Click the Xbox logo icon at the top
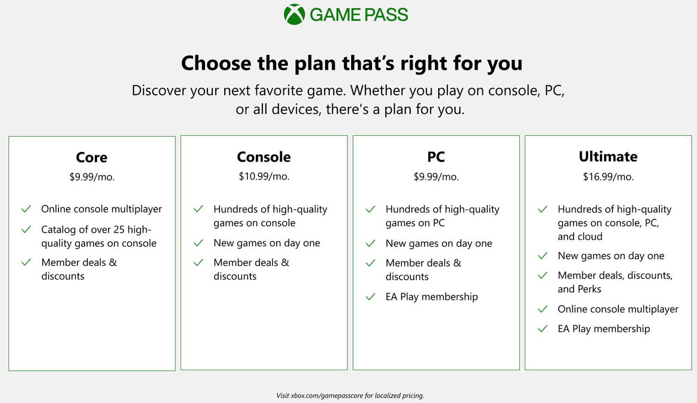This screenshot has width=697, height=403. (295, 14)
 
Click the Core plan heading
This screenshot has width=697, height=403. (92, 157)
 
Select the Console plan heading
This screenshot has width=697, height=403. (264, 157)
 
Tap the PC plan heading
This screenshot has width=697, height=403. (436, 157)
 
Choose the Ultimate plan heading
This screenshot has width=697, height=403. (608, 156)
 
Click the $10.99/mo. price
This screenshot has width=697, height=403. (264, 176)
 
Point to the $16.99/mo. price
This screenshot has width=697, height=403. (608, 176)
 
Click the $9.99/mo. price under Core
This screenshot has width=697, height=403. (92, 177)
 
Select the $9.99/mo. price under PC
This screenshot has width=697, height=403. (436, 176)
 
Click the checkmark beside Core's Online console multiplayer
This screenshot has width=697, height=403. (26, 209)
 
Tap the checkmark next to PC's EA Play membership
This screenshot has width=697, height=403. (371, 297)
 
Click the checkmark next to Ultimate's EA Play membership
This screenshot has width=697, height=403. (543, 328)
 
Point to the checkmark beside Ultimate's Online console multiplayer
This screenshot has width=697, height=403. (543, 309)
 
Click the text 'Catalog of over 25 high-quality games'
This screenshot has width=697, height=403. (98, 236)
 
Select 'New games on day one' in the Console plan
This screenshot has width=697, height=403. (267, 243)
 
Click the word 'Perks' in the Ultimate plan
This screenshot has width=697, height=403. (588, 289)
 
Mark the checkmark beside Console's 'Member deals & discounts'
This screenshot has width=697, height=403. (199, 263)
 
